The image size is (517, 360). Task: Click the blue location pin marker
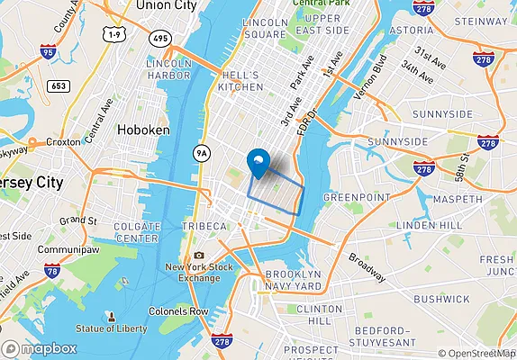click(x=258, y=163)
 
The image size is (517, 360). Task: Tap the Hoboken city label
click(x=143, y=130)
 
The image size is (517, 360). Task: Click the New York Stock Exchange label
click(x=200, y=273)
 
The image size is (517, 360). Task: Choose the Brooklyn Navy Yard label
click(x=294, y=280)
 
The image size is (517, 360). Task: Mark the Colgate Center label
click(x=138, y=232)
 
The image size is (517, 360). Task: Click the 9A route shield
click(x=204, y=153)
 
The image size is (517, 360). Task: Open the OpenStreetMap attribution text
click(x=476, y=353)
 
